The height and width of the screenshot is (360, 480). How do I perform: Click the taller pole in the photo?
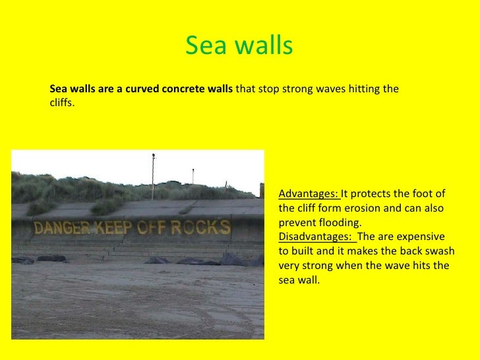coord(153,175)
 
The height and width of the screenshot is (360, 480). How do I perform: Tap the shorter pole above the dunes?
coord(193,176)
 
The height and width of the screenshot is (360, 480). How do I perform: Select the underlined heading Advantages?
coord(309,194)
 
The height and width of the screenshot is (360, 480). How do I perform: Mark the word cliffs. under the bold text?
coord(63,102)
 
